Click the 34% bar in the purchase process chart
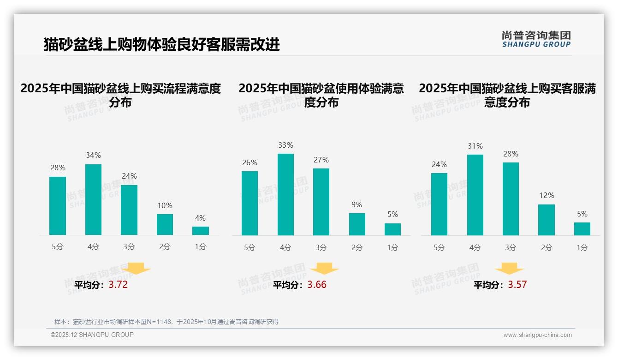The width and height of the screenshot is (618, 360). click(x=93, y=199)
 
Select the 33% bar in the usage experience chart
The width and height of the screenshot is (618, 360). click(x=285, y=194)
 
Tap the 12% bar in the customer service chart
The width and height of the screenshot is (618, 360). click(x=547, y=220)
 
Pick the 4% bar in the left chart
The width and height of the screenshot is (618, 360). click(x=201, y=231)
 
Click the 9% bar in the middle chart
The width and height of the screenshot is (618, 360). click(x=357, y=224)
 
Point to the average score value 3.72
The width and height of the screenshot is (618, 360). click(x=118, y=285)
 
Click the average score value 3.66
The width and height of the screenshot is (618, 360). click(x=317, y=285)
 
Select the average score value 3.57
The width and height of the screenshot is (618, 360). click(x=517, y=285)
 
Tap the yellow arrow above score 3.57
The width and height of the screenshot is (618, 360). click(x=509, y=269)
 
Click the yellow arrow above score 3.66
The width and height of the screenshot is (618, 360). click(x=324, y=269)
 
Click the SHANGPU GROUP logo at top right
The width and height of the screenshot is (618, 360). click(x=536, y=39)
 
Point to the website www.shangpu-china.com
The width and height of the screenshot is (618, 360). click(x=537, y=335)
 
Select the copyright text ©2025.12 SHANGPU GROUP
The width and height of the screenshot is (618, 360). click(x=92, y=335)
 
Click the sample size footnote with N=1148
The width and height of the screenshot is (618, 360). click(x=166, y=322)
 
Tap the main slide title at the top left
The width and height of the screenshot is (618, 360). click(x=161, y=44)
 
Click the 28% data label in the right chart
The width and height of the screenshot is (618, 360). click(x=511, y=154)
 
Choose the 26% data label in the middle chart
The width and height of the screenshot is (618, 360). click(x=250, y=162)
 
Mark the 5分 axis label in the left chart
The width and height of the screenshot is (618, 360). click(x=58, y=247)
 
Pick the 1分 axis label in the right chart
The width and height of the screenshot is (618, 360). click(x=582, y=248)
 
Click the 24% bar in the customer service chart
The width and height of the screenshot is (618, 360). click(x=439, y=204)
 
